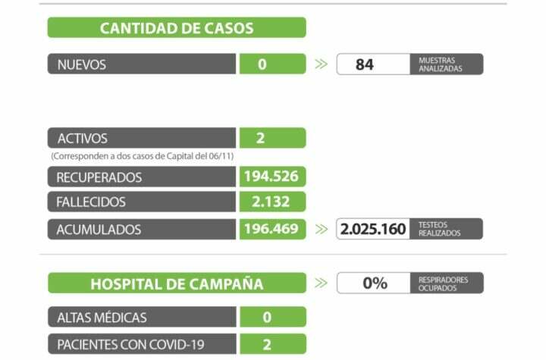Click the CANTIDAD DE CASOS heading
(x=177, y=28)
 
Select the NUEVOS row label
(x=82, y=64)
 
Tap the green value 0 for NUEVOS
(x=262, y=64)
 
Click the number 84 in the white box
(x=365, y=64)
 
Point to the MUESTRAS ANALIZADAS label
(x=439, y=64)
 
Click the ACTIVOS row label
(x=83, y=139)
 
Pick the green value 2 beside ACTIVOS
(x=260, y=139)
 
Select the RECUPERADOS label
(x=99, y=177)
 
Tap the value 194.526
(x=271, y=177)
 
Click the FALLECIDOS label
(x=91, y=202)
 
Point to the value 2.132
(x=271, y=202)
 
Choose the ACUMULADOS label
(x=99, y=229)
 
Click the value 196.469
(x=271, y=229)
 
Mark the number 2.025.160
(x=373, y=229)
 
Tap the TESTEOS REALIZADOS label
(x=439, y=229)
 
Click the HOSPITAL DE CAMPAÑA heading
(x=177, y=284)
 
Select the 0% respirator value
(x=375, y=283)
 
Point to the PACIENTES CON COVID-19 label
(x=130, y=345)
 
